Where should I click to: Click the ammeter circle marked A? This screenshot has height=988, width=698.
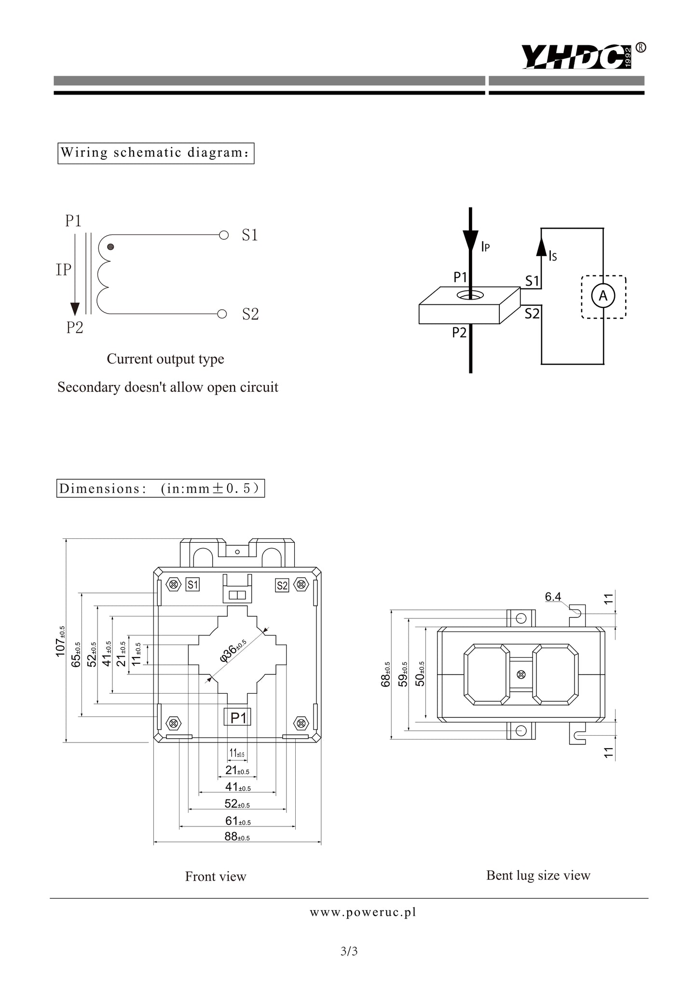pos(603,296)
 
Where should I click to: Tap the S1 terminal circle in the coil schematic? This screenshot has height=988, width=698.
pos(223,235)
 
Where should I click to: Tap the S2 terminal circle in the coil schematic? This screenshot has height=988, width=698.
pos(222,314)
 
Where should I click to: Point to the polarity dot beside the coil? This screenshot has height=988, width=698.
pos(110,247)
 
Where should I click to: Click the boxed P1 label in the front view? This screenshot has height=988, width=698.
pos(238,718)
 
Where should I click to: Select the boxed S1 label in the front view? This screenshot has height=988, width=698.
pos(192,585)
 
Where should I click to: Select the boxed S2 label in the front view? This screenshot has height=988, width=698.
pos(282,586)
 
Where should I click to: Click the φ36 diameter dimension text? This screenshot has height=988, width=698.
pos(233,650)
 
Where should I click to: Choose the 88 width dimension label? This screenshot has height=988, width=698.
pos(237,837)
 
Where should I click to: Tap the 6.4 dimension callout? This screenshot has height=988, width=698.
pos(553,597)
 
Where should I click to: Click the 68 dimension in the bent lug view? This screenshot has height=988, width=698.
pos(386,674)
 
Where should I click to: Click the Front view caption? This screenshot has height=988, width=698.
pos(216,877)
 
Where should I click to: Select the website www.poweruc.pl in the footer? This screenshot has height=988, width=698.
pos(363,912)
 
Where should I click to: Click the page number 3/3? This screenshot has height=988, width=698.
pos(349,951)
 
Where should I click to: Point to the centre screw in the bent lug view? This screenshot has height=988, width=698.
pos(520,674)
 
